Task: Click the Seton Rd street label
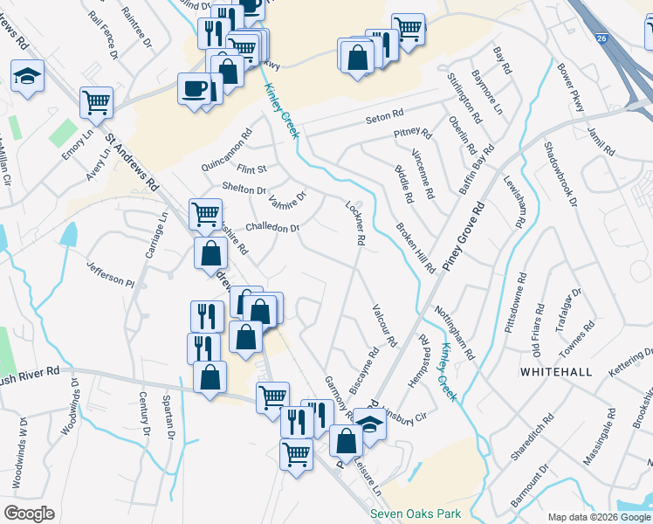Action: (384, 114)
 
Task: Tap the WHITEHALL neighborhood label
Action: (555, 371)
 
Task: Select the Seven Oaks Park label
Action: (416, 514)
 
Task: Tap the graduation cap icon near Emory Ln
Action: (28, 75)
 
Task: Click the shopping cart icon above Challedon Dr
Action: (205, 212)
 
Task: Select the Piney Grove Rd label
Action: (464, 238)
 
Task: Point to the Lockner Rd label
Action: (355, 222)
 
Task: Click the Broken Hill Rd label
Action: (416, 247)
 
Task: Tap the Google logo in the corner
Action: (29, 514)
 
